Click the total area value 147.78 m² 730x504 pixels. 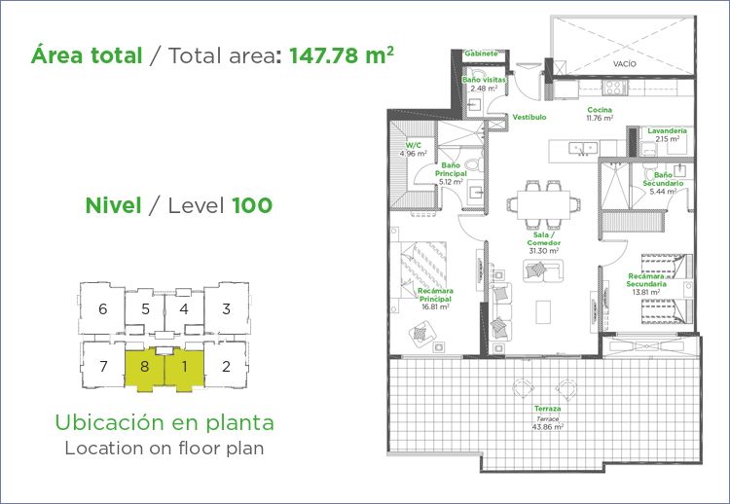(342, 55)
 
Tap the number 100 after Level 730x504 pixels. (252, 205)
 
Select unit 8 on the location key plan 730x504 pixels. (144, 366)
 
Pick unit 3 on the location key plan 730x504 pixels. (226, 309)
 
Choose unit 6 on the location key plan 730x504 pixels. (103, 308)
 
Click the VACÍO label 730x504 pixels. (624, 64)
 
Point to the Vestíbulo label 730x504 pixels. (529, 118)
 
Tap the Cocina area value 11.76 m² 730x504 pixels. (600, 118)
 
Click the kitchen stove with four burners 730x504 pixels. (614, 88)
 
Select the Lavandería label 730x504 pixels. (667, 130)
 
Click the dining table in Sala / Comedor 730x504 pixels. (543, 204)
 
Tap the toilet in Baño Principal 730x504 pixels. (474, 164)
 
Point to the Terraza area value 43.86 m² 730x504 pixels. (547, 426)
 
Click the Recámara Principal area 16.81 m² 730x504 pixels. (435, 307)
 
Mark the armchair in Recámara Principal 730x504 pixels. (420, 333)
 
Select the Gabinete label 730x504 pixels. (482, 54)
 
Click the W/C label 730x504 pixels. (413, 146)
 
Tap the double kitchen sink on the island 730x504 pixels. (583, 149)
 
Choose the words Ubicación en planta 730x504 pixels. (164, 422)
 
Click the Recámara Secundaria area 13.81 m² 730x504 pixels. (646, 292)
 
